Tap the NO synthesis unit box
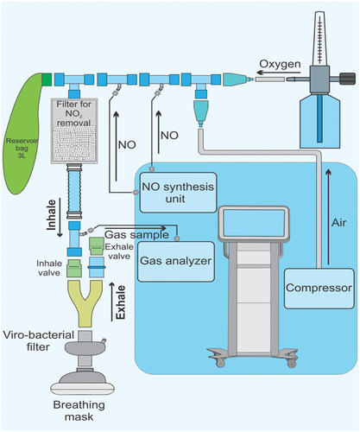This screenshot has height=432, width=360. coord(178,193)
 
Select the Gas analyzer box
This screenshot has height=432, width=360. coord(176,261)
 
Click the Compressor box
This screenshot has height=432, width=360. coord(319,289)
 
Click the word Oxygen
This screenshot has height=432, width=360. coord(280,64)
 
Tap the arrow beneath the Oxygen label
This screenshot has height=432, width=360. coord(279,73)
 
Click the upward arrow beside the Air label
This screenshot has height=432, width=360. coord(329,217)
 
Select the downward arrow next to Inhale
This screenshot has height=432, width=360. coord(60,218)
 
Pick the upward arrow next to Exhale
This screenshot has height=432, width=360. coord(112,302)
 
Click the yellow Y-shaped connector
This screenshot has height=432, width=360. coord(85,303)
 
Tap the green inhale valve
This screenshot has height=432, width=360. coord(74,268)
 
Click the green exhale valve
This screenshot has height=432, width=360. coord(97,246)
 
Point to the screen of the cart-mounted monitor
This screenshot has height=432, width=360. coord(254,223)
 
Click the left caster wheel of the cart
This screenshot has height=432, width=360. coord(220,363)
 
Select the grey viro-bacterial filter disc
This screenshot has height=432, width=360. coord(85,348)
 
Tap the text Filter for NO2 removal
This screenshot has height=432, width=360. coord(74,113)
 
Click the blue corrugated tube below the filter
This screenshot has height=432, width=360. coord(74,192)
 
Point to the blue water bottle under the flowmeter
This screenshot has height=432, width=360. coord(319,122)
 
